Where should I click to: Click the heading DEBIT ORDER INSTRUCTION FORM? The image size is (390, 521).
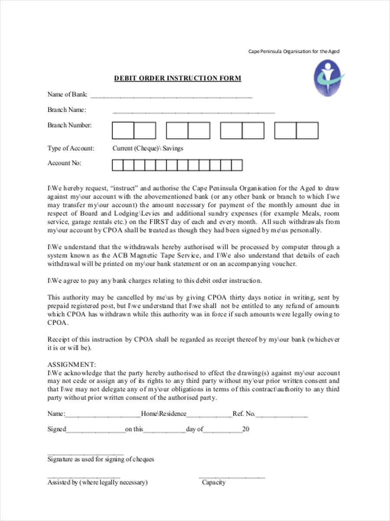coord(178,79)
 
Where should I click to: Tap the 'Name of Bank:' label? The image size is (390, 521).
coord(67,94)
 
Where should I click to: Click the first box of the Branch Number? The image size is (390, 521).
coord(123,131)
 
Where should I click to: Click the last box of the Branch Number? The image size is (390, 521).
coord(307,131)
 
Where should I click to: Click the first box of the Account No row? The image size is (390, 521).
coord(117,165)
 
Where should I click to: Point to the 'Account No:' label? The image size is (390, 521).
coord(64,163)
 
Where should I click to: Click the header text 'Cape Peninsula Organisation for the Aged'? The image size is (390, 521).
coord(294,51)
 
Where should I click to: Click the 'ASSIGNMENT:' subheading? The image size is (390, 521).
coord(71,364)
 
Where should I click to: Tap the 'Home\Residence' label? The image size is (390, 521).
coord(164,414)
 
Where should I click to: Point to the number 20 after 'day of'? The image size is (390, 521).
coord(246,429)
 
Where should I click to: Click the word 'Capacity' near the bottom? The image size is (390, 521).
coord(214,482)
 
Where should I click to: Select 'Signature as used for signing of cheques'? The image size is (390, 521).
coord(101,459)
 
